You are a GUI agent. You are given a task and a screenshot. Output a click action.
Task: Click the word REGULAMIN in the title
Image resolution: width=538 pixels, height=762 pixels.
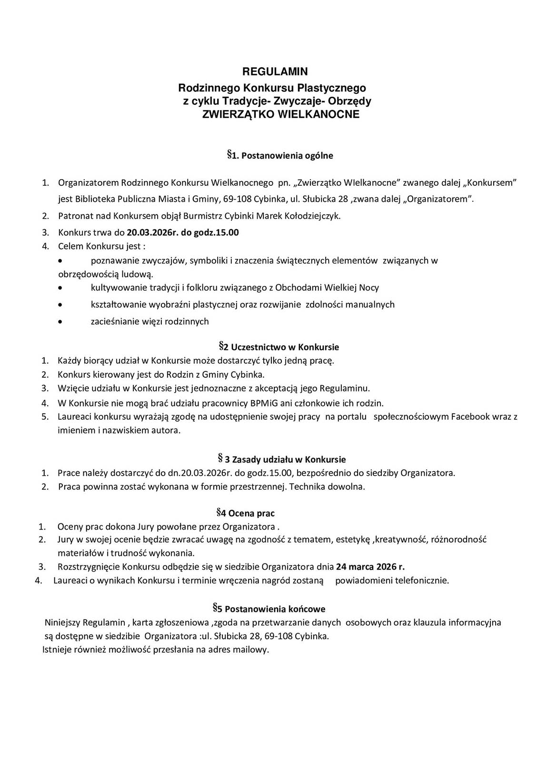click(x=275, y=71)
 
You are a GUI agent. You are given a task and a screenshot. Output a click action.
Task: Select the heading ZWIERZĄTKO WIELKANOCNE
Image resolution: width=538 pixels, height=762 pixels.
click(x=280, y=115)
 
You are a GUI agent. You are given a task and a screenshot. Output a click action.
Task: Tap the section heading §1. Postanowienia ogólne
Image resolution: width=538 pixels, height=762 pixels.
click(x=280, y=155)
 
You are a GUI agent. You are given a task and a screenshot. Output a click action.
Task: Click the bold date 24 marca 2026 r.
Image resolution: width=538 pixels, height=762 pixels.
click(x=370, y=567)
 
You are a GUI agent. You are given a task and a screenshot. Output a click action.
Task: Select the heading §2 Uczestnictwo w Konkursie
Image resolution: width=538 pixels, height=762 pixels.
click(x=279, y=347)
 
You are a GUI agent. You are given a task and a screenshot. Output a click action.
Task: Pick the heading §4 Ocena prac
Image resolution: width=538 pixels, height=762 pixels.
click(x=246, y=513)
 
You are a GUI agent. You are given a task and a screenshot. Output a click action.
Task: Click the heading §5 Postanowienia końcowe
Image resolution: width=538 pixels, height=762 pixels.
click(x=269, y=609)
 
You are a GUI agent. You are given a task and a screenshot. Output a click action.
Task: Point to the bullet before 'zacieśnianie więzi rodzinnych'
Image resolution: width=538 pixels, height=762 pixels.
click(x=60, y=322)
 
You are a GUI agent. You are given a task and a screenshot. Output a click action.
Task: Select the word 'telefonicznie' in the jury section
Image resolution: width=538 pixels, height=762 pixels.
click(x=424, y=581)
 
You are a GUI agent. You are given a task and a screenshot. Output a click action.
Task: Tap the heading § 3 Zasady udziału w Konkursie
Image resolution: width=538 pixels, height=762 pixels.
click(x=281, y=459)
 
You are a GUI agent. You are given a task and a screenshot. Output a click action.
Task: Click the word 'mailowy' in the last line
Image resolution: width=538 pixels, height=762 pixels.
click(x=252, y=650)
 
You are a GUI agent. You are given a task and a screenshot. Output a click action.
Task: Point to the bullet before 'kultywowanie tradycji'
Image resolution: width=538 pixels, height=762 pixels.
click(x=60, y=288)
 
